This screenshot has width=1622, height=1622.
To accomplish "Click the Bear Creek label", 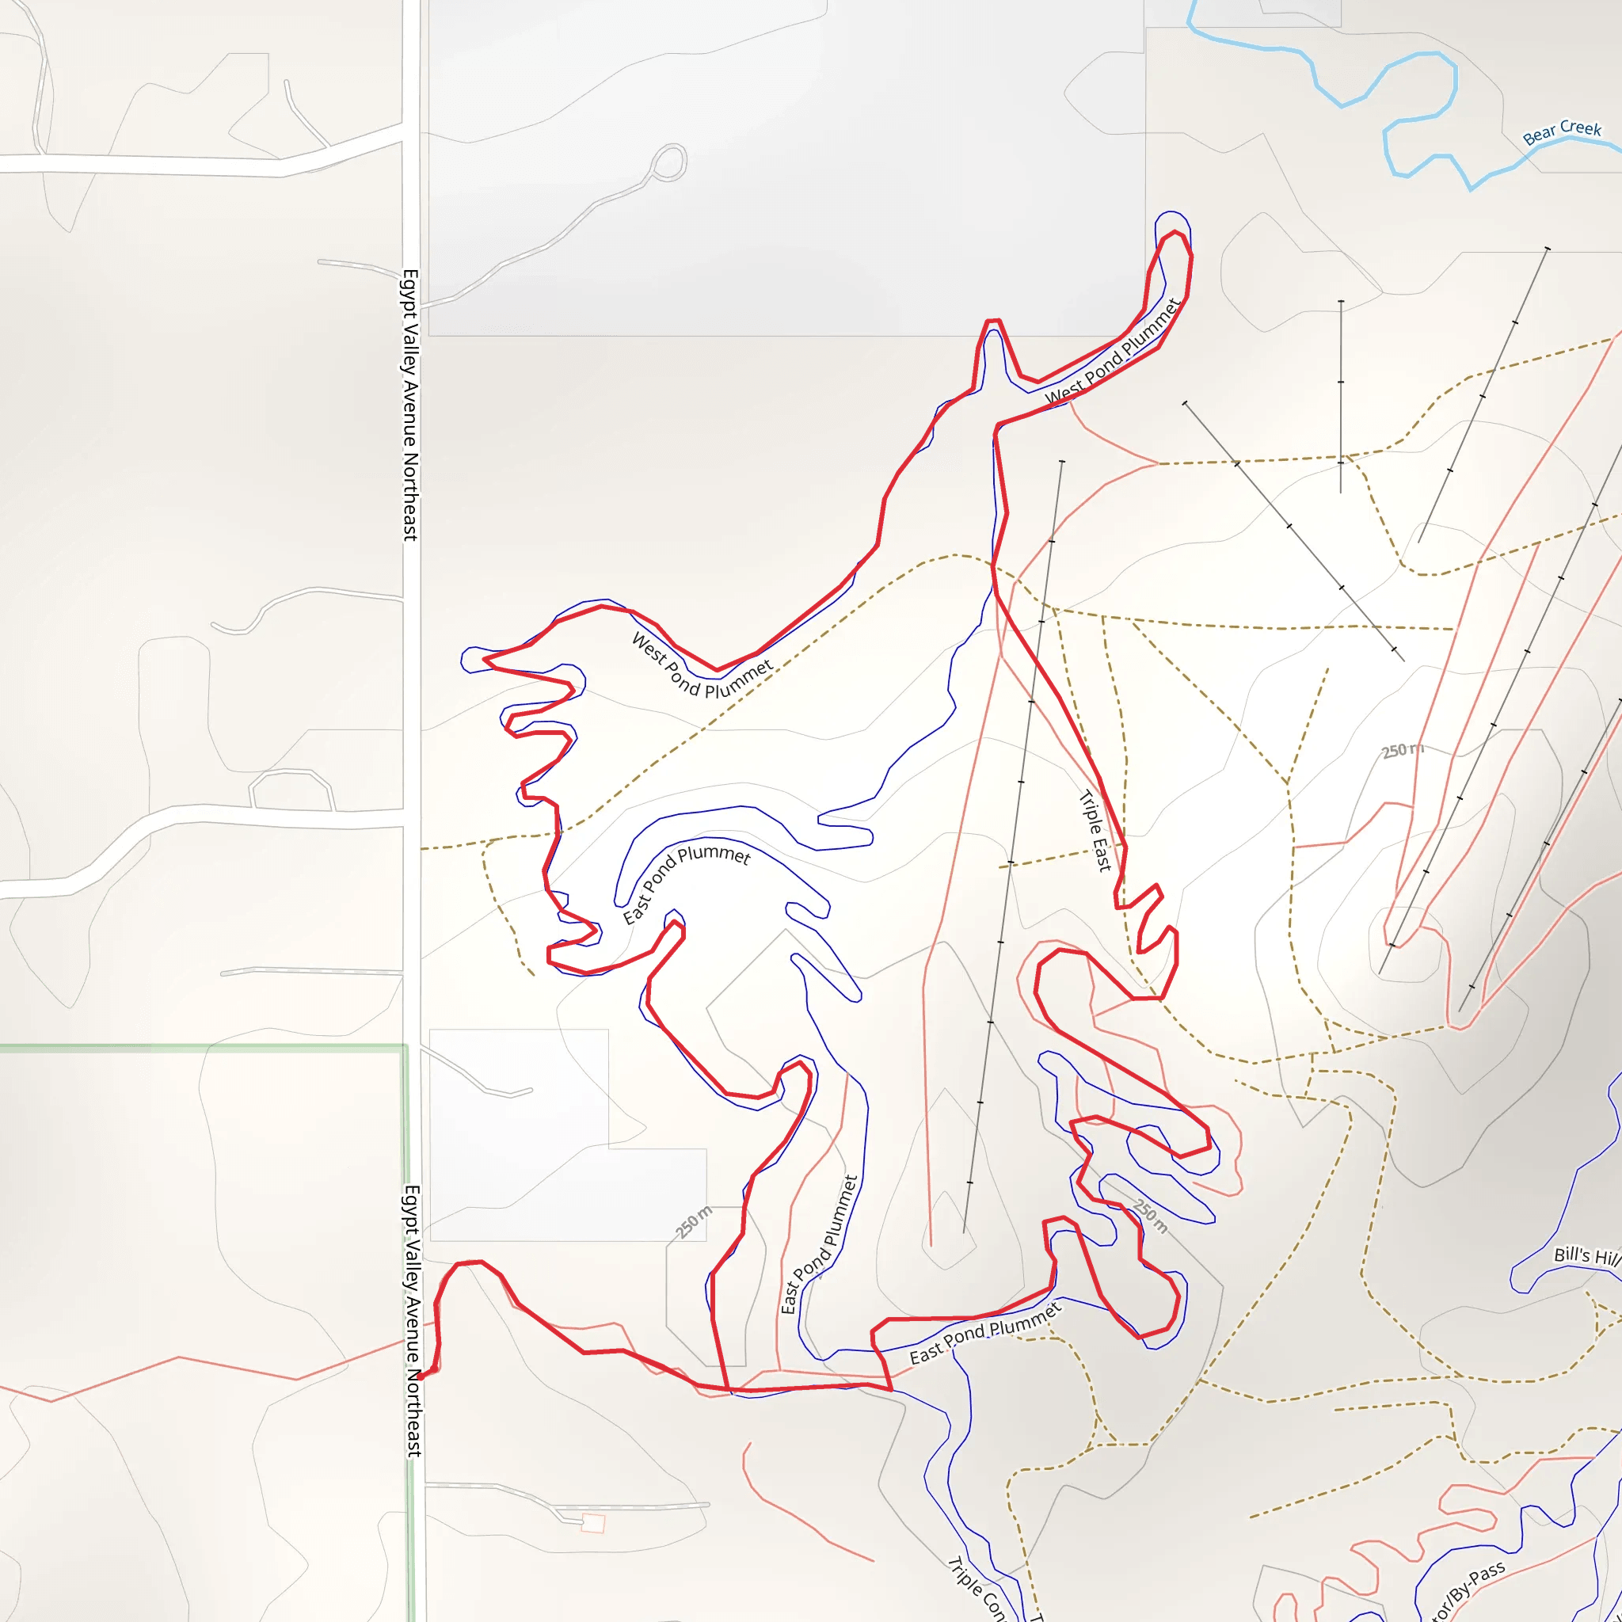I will pos(1562,131).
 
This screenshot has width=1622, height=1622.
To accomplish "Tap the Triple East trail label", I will pos(1095,831).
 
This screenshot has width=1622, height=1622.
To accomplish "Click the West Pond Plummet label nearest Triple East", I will pos(1113,352).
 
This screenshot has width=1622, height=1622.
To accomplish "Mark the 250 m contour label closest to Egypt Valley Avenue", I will pos(695,1221).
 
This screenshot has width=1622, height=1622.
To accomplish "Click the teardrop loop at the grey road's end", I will pos(669,162).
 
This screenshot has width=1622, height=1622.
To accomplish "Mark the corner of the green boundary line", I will pos(406,1047).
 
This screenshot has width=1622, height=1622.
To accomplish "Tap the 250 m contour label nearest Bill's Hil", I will pos(1149,1216).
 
